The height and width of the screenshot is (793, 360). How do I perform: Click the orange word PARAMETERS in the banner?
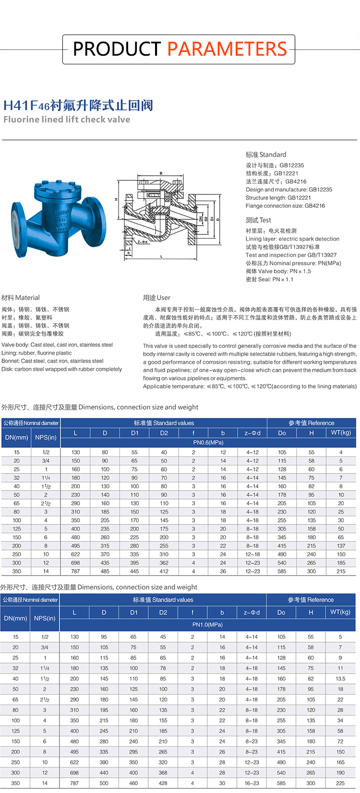click(x=227, y=49)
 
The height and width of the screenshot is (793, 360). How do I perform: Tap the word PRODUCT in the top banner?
click(x=117, y=49)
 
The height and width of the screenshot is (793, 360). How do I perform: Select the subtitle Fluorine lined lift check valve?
click(x=67, y=120)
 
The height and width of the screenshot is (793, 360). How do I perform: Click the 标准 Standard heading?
click(x=266, y=155)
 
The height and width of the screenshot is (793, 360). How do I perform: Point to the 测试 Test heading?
click(x=258, y=220)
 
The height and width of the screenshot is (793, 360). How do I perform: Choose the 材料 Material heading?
click(x=21, y=298)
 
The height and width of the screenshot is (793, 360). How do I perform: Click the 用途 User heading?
click(x=156, y=298)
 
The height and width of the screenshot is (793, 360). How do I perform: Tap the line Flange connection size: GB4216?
click(x=285, y=206)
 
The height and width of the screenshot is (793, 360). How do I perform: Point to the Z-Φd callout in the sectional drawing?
click(x=143, y=242)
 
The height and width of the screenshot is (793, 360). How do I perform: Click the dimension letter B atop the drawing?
click(x=161, y=173)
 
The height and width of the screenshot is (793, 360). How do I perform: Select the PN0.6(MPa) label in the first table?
click(x=208, y=443)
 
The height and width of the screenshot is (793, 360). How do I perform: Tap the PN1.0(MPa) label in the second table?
click(x=207, y=625)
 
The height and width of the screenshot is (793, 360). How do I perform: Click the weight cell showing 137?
click(x=341, y=546)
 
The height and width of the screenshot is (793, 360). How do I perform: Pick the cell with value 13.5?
click(x=340, y=679)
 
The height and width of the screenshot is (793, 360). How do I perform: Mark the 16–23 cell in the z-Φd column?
click(x=252, y=783)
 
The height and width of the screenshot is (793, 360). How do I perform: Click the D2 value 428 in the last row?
click(x=163, y=783)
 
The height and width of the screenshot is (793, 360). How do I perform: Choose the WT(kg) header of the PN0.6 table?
click(x=341, y=433)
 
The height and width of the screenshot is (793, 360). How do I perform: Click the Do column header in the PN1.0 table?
click(x=281, y=613)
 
